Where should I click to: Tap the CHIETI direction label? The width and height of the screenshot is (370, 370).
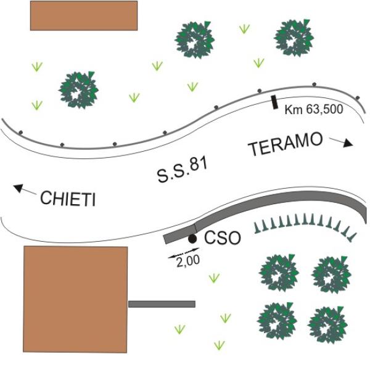click(68, 199)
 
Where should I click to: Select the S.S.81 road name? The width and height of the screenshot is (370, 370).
click(181, 170)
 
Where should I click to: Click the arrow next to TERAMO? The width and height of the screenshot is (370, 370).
click(341, 142)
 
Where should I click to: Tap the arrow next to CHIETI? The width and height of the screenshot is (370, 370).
click(24, 189)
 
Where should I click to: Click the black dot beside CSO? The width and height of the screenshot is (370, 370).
click(192, 238)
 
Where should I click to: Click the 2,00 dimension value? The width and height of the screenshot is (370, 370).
click(187, 261)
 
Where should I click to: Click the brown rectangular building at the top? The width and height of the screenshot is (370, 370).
click(84, 15)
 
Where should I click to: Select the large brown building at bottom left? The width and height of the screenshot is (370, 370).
click(75, 298)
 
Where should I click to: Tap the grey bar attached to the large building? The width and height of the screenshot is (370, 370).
click(162, 304)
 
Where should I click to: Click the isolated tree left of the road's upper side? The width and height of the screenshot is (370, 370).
click(79, 90)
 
